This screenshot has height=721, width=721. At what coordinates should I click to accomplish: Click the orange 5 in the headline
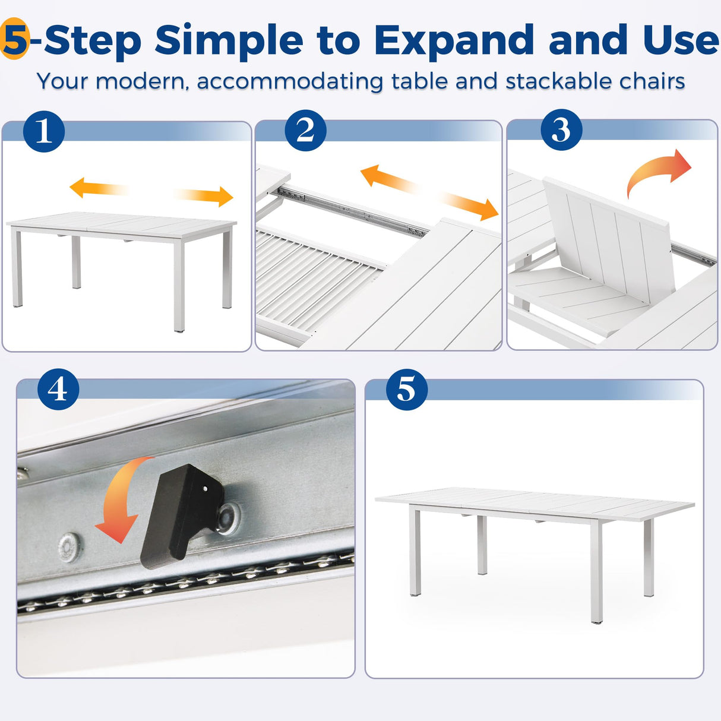pos(15,39)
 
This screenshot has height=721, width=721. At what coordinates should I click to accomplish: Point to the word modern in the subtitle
pos(143,81)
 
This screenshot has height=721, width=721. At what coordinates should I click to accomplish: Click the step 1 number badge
pos(44,131)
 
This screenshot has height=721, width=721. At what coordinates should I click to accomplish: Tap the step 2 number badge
pos(305,131)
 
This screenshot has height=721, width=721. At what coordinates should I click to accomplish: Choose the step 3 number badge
pos(561,130)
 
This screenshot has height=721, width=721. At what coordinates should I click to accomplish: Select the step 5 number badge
pos(407,390)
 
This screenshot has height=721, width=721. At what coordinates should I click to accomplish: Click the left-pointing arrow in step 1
pos(99,188)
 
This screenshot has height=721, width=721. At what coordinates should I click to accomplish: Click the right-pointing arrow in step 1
pos(204,196)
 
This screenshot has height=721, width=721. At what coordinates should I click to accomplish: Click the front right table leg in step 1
pos(179,285)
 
